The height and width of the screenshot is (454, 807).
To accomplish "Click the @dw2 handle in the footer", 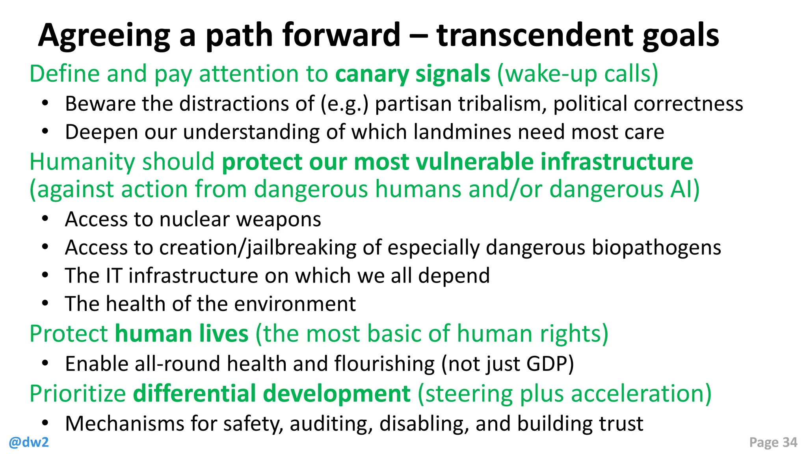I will coord(29,443).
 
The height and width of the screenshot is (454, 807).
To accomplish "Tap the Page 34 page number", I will coord(773,443).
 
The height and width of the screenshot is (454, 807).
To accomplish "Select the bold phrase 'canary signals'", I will coord(413,74).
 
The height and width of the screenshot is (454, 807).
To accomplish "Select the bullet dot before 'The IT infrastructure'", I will coord(45,275).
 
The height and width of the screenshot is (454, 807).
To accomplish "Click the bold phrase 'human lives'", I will coord(182,334).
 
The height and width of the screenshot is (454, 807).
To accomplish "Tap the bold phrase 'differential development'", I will coord(272,394).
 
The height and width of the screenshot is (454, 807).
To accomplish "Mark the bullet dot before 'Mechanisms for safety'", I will coord(45,423).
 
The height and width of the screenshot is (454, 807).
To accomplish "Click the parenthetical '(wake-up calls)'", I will coord(578,74).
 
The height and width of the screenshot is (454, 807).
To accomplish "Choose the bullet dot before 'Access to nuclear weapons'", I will coord(45,219).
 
